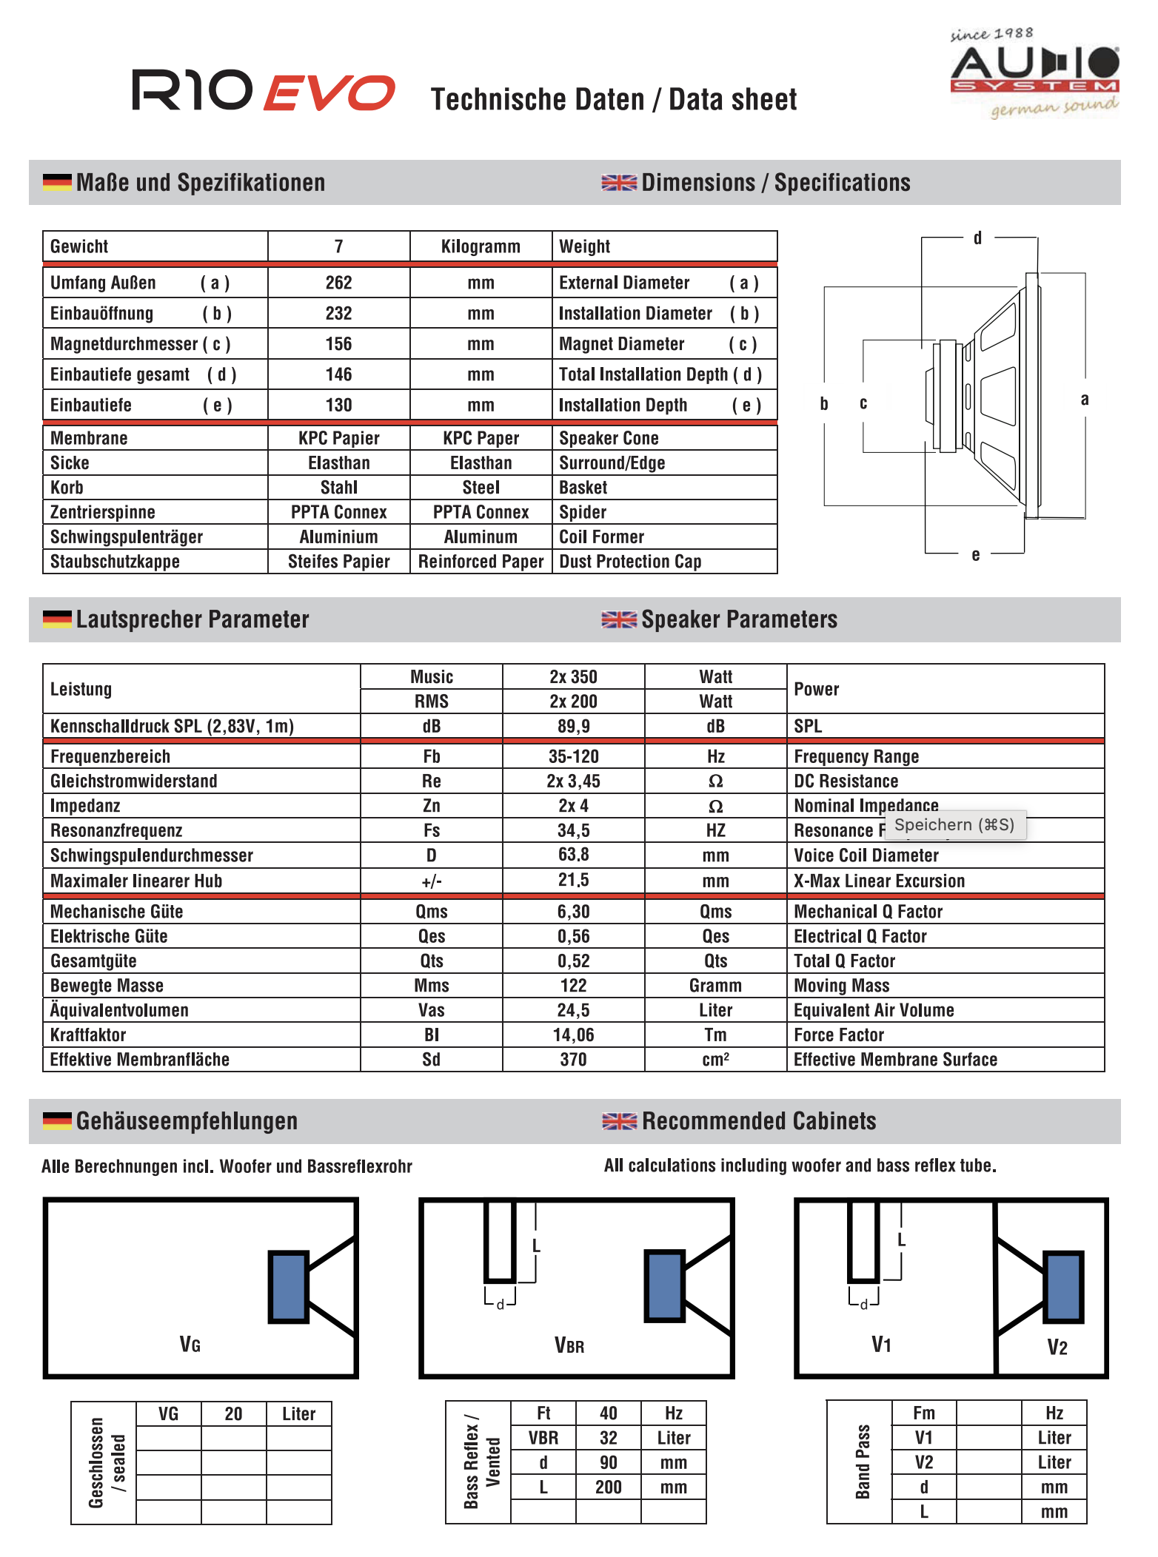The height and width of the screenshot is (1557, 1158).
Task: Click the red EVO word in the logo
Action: click(x=329, y=93)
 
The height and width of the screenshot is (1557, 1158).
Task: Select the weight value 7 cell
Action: click(x=338, y=246)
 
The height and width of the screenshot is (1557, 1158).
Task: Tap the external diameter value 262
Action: click(x=338, y=283)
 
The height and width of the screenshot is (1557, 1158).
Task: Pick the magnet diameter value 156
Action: click(x=338, y=344)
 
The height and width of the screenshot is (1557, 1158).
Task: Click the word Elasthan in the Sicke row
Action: click(x=338, y=463)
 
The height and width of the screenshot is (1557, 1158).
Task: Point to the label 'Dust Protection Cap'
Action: click(x=630, y=562)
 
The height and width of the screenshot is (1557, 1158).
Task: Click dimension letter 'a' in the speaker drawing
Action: click(x=1085, y=400)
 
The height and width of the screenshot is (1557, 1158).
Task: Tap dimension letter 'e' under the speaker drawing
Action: click(x=976, y=555)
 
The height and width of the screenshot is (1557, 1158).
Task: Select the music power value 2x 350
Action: click(x=573, y=677)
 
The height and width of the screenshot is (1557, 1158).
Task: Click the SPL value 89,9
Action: click(x=573, y=727)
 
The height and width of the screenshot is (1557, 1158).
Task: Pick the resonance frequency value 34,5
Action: click(x=573, y=831)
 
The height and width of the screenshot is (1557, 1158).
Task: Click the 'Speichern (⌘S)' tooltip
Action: click(x=954, y=825)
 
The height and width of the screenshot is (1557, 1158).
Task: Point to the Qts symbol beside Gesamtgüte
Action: click(x=432, y=961)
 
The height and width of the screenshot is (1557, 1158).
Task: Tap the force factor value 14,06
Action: click(x=573, y=1035)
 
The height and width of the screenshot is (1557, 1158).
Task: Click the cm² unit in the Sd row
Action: click(x=715, y=1060)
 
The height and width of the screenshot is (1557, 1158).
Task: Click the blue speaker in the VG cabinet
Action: click(x=289, y=1286)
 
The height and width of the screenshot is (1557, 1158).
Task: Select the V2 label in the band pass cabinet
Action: click(x=1057, y=1348)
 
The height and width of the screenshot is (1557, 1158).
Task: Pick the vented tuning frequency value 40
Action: click(x=608, y=1413)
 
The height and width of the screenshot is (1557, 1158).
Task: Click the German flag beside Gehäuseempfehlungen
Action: click(x=57, y=1121)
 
